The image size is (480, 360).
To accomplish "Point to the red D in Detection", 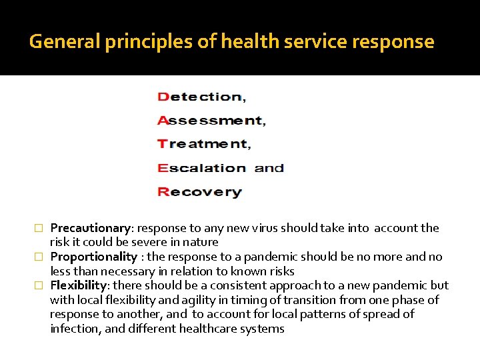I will (163, 97).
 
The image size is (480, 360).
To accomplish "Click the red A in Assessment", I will (163, 121).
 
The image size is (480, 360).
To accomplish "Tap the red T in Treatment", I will (163, 144).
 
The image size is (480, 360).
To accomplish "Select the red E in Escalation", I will (163, 168).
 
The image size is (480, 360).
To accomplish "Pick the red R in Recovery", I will (163, 192).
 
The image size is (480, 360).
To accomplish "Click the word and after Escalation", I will (269, 168).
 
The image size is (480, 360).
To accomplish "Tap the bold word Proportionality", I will (93, 257).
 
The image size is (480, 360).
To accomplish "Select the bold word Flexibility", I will (78, 285).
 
